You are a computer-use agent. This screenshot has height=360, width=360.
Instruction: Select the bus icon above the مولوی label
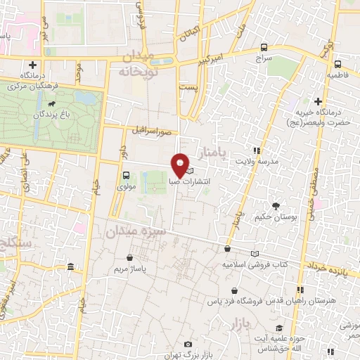click(x=126, y=175)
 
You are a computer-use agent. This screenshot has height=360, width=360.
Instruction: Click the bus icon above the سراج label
click(x=264, y=48)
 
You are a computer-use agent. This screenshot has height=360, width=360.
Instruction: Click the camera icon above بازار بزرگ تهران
click(x=187, y=344)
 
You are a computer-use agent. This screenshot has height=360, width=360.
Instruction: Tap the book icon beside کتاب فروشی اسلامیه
click(x=255, y=253)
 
